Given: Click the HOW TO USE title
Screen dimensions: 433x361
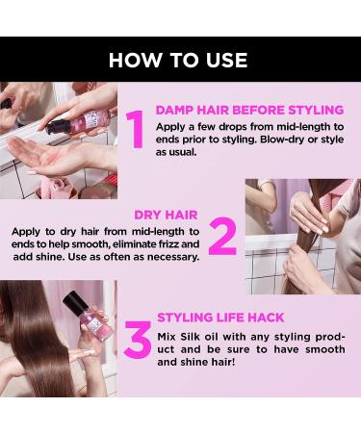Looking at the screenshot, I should [180, 60].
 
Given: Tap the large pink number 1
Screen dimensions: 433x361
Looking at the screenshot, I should [136, 129].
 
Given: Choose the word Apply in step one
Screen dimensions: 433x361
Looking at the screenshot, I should [171, 125].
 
